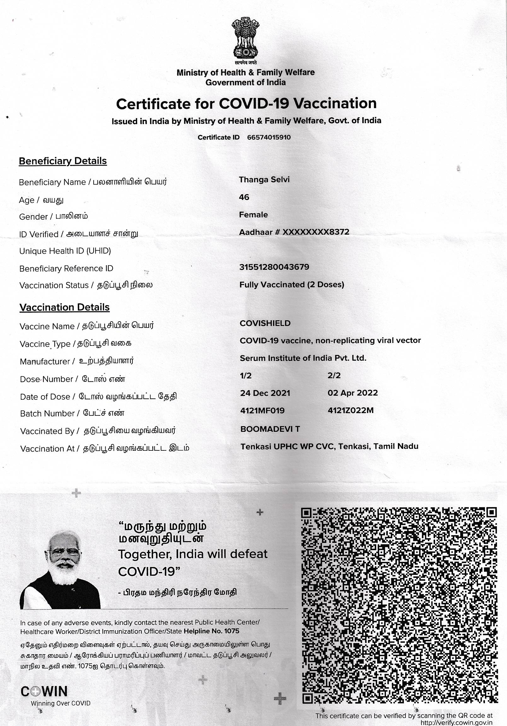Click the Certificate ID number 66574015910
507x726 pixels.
click(269, 138)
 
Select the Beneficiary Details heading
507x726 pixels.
click(63, 161)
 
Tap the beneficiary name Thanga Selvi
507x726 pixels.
click(264, 180)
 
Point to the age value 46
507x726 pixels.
click(244, 197)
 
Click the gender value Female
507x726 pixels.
click(253, 215)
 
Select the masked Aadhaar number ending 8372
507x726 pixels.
click(294, 232)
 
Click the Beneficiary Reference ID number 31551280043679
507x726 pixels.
click(274, 267)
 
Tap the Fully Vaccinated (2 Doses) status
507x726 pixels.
click(291, 285)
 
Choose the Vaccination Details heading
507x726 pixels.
click(65, 307)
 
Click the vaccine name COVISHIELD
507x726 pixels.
click(265, 323)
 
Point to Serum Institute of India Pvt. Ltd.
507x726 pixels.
click(303, 358)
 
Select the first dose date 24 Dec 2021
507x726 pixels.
click(265, 393)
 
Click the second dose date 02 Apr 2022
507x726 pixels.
click(353, 393)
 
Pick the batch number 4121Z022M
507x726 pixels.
click(351, 410)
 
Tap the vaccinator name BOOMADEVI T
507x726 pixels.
click(270, 429)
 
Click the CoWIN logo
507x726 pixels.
click(44, 692)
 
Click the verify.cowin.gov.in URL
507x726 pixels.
click(456, 723)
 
